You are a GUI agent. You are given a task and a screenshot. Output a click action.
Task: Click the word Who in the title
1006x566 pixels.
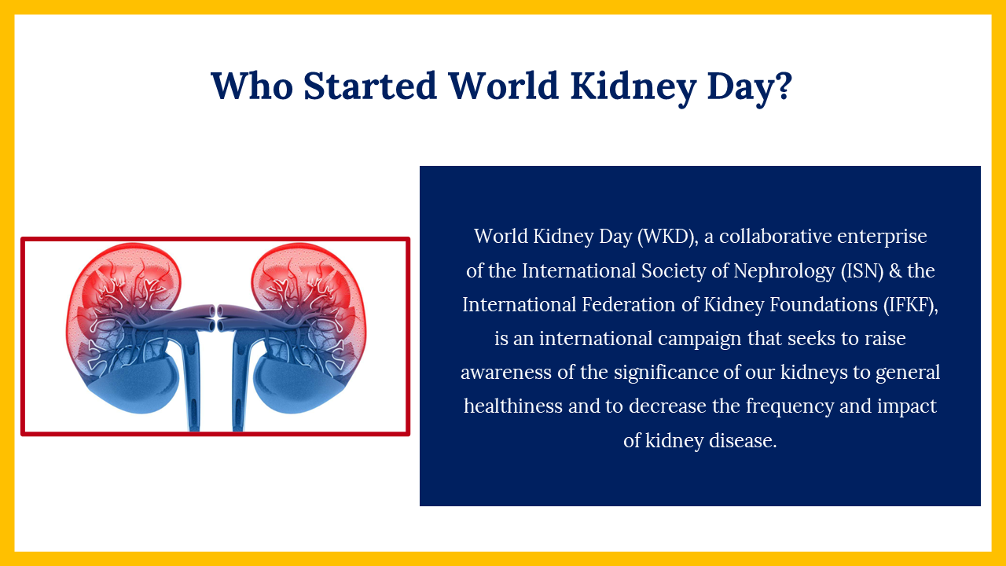pos(252,86)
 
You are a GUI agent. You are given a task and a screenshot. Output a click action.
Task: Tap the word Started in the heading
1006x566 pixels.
pos(370,86)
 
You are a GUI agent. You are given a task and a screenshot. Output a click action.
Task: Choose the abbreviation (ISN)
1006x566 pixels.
pos(862,271)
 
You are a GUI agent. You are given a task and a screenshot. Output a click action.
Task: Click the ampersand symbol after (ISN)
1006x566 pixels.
pos(895,271)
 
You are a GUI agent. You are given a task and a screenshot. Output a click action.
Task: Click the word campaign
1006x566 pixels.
pos(699,339)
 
